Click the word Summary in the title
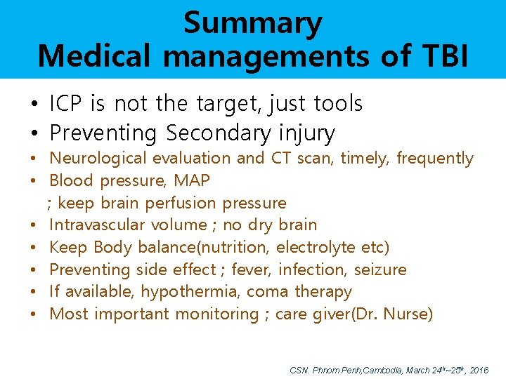tap(252, 22)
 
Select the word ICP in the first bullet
tap(67, 104)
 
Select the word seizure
tap(379, 270)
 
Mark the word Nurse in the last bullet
tap(408, 314)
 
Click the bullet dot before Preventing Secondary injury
tap(34, 133)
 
